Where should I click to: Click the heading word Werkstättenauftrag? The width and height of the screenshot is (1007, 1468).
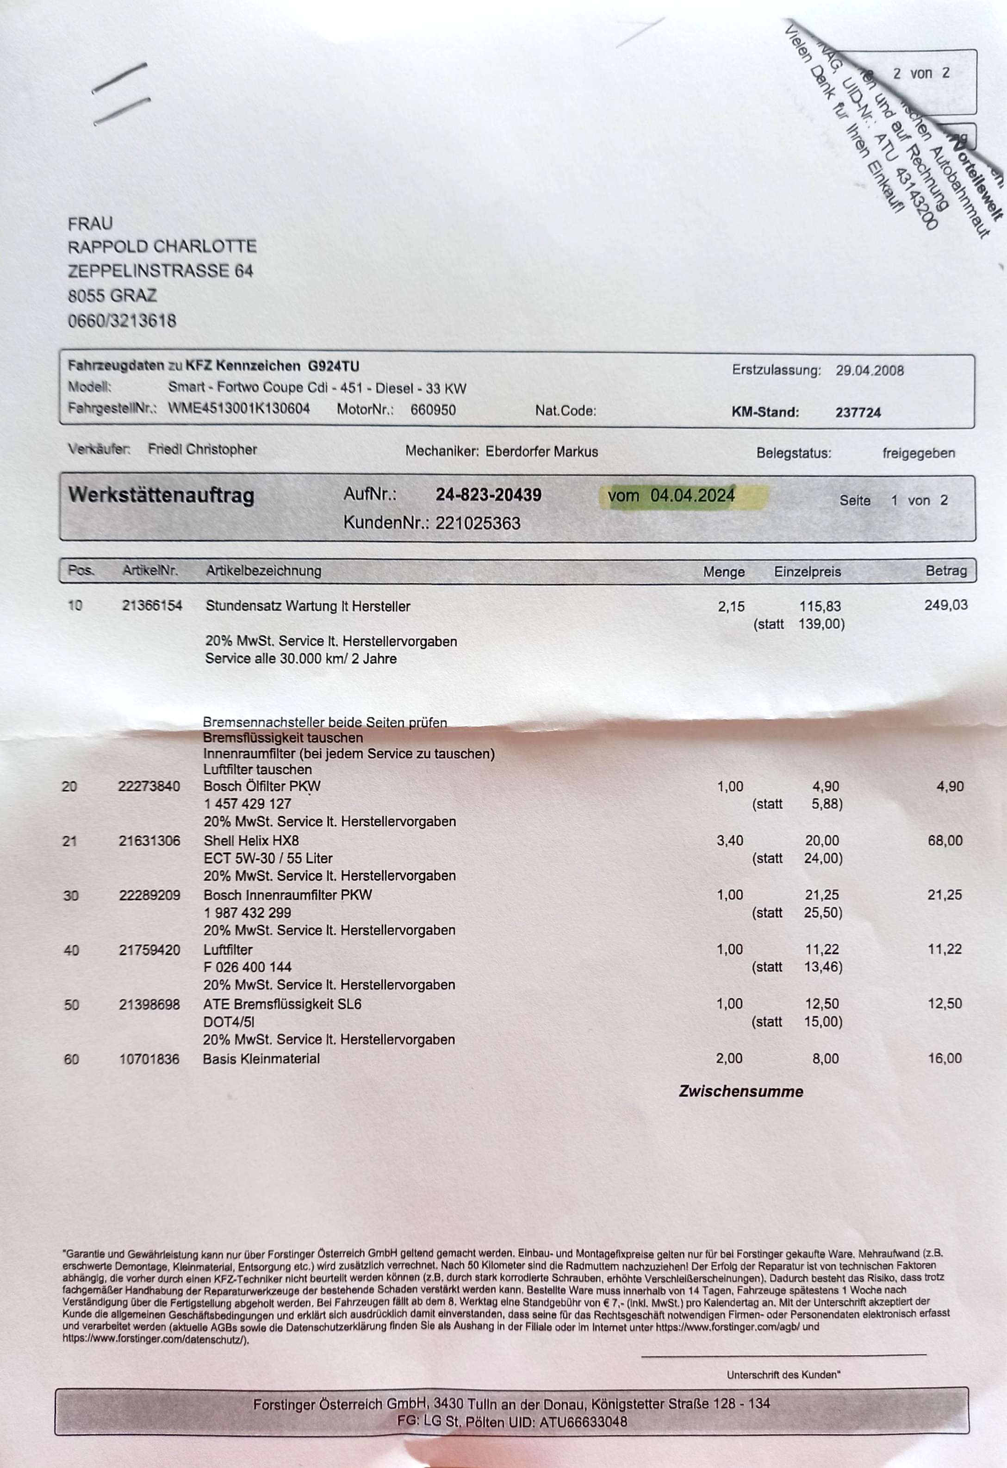click(x=161, y=495)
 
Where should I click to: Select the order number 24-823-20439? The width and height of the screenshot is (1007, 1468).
click(x=488, y=495)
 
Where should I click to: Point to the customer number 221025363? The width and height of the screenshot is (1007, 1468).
click(x=478, y=523)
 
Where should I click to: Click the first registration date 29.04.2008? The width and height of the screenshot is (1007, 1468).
click(x=869, y=370)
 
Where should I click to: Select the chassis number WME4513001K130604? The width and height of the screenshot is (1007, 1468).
click(x=239, y=408)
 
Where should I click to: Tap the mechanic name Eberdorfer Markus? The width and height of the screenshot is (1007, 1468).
click(x=541, y=451)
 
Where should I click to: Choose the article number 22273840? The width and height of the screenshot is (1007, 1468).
click(x=149, y=786)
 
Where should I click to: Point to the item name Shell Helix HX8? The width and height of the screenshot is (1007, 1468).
click(x=251, y=841)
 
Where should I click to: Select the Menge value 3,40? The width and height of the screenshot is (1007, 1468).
click(x=730, y=841)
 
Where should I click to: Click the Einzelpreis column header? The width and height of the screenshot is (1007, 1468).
click(x=808, y=572)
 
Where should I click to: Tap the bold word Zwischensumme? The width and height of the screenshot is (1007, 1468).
click(x=741, y=1092)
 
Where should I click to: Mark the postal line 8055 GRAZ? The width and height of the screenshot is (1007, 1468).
click(x=112, y=296)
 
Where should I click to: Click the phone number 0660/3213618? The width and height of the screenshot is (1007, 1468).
click(x=122, y=321)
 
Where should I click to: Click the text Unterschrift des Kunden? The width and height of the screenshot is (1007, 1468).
click(x=783, y=1375)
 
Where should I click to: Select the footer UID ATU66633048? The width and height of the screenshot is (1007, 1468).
click(x=583, y=1422)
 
